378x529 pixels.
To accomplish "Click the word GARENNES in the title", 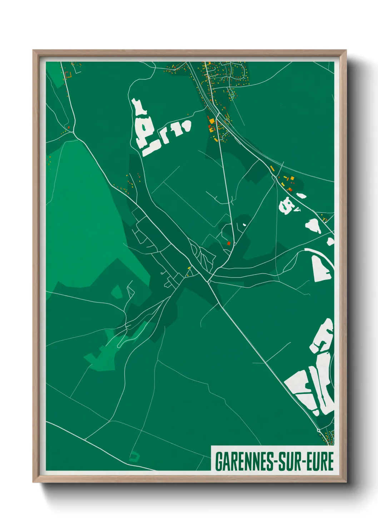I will point(243,461).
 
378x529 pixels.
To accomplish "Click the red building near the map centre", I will point(229,243).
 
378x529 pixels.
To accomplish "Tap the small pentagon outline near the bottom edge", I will point(134,456).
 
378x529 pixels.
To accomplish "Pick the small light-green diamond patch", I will point(116,292).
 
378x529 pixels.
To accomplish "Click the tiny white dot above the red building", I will point(244,224).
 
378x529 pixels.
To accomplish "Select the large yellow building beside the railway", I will point(212,122).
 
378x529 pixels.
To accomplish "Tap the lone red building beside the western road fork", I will point(69,127).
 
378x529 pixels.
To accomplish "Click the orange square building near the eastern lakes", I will point(292,178).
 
